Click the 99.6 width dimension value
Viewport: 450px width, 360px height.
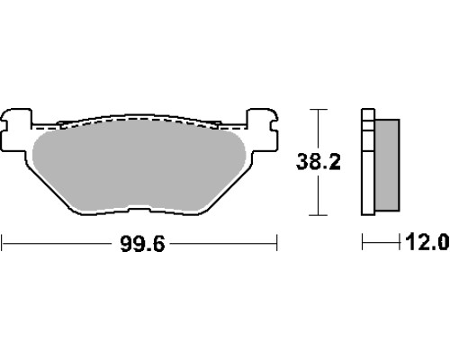pos(142,244)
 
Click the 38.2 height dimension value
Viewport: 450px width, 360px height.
pos(319,162)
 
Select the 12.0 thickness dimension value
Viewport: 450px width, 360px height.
pos(427,242)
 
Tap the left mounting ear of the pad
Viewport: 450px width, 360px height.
pos(16,130)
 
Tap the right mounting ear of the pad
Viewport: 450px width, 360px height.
pos(262,130)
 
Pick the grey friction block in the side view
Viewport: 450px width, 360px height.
pos(387,165)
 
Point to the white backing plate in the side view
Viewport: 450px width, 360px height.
pos(368,162)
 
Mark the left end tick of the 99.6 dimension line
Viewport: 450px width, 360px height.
pos(2,243)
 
